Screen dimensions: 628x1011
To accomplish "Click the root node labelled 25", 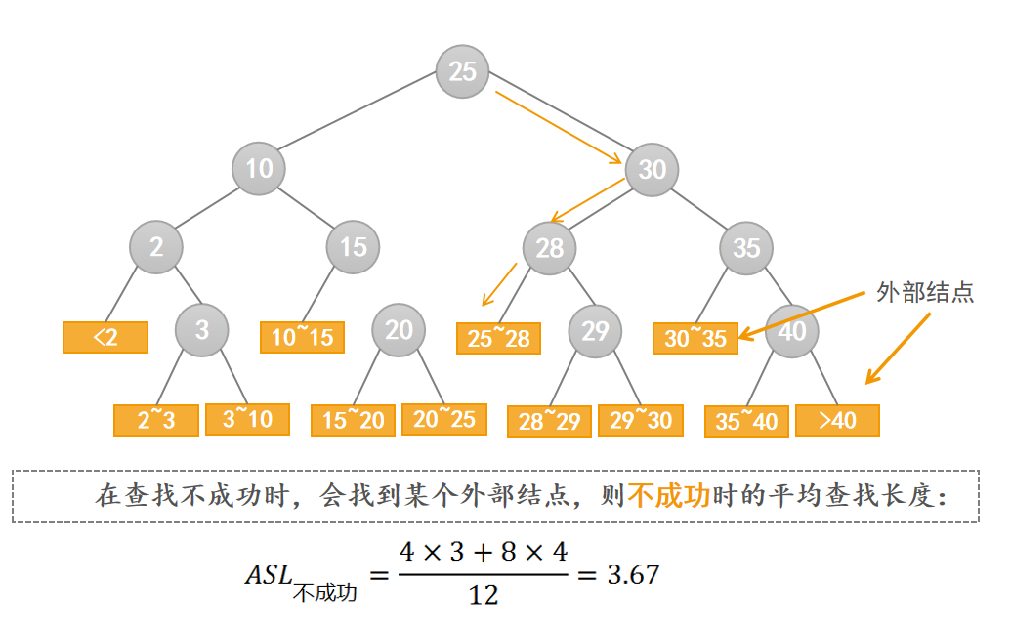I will coord(462,71).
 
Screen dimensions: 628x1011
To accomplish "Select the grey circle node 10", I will coord(259,169).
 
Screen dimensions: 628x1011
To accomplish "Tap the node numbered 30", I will coord(652,170).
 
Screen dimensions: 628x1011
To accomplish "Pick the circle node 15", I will coord(353,247).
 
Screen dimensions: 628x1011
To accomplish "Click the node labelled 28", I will coord(550,248).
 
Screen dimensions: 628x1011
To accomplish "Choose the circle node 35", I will coord(746,248).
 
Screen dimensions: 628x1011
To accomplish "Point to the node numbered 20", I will coord(399,330).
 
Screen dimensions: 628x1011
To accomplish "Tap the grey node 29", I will coord(595,330).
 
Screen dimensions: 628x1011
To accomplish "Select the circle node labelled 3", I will coord(202,330).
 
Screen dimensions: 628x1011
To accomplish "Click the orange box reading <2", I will coord(105,337).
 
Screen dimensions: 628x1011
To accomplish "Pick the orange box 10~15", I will coord(303,337).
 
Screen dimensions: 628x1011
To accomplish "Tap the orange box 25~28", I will coord(499,338).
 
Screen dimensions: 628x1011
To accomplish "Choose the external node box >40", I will coord(837,420).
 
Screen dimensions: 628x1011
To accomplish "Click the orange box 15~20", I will coord(354,420).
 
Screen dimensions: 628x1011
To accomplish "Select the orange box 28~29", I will coord(550,421).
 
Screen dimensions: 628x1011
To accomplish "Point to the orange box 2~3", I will coord(156,420).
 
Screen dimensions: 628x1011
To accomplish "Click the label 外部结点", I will coord(924,292).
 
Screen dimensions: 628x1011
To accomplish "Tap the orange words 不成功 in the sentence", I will coord(667,495).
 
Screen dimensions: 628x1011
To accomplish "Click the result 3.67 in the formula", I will coord(633,574).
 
